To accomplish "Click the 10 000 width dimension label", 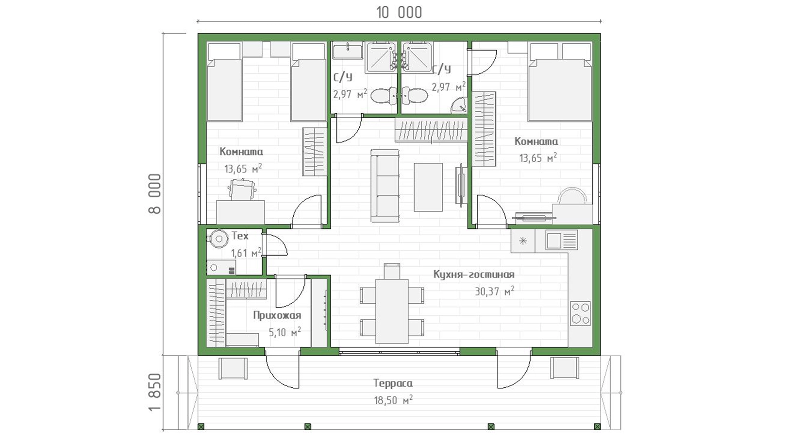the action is pyautogui.click(x=399, y=13).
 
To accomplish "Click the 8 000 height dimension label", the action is pyautogui.click(x=154, y=194).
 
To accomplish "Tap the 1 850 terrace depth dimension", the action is pyautogui.click(x=154, y=392).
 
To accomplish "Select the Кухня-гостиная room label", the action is pyautogui.click(x=473, y=274).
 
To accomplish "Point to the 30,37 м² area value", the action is pyautogui.click(x=494, y=291).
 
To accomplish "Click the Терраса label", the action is pyautogui.click(x=393, y=383).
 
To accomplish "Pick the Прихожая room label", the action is pyautogui.click(x=277, y=315).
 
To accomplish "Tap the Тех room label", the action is pyautogui.click(x=240, y=236).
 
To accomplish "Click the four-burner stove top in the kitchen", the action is pyautogui.click(x=580, y=313).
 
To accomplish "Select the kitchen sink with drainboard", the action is pyautogui.click(x=561, y=240).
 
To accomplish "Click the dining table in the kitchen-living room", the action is pyautogui.click(x=392, y=311).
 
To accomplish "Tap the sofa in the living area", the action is pyautogui.click(x=385, y=186).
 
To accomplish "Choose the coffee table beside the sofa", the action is pyautogui.click(x=428, y=187).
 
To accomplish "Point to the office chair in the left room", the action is pyautogui.click(x=242, y=190).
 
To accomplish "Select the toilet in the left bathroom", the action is pyautogui.click(x=384, y=96).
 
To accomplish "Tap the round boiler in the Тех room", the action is pyautogui.click(x=218, y=239).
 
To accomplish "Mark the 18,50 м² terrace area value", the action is pyautogui.click(x=393, y=400).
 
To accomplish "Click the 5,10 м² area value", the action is pyautogui.click(x=285, y=332).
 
